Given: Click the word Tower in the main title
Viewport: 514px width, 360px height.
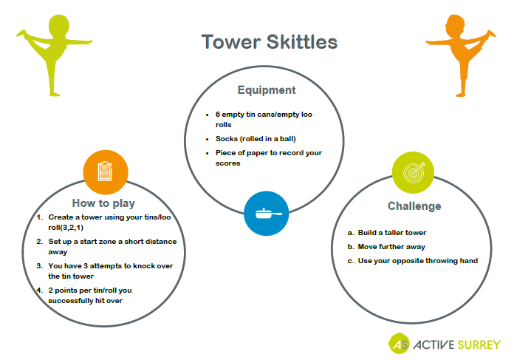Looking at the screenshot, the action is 231,42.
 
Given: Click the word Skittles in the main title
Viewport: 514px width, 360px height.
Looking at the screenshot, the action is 302,42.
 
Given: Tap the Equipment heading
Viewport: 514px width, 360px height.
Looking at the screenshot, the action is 267,90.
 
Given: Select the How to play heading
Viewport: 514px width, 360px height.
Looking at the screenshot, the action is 103,203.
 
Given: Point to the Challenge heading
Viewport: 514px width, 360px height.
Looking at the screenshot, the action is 414,206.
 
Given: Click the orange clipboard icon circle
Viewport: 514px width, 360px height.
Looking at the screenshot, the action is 105,172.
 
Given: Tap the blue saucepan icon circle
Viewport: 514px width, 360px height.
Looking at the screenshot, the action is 266,214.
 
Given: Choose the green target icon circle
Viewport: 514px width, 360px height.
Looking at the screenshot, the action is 413,172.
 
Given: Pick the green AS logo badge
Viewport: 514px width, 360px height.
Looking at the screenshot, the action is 399,344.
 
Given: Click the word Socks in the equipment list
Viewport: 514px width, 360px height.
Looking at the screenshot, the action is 227,139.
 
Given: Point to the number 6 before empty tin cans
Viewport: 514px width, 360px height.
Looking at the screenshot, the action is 218,115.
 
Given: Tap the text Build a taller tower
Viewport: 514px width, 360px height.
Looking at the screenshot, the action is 392,233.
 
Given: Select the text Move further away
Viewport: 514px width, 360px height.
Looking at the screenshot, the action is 391,247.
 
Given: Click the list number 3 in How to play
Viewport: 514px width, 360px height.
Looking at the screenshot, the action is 39,266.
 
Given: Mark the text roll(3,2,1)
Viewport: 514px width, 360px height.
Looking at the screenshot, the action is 66,228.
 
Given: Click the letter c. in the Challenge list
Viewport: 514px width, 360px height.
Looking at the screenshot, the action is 351,261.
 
